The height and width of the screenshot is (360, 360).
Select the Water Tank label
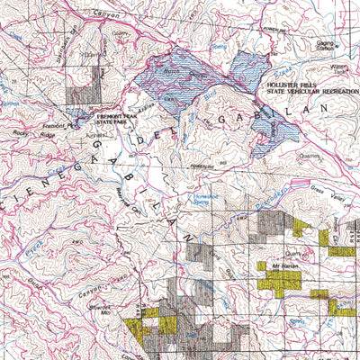339,70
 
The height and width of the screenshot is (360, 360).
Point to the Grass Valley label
341,191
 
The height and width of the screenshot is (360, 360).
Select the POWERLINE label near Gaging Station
275,29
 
